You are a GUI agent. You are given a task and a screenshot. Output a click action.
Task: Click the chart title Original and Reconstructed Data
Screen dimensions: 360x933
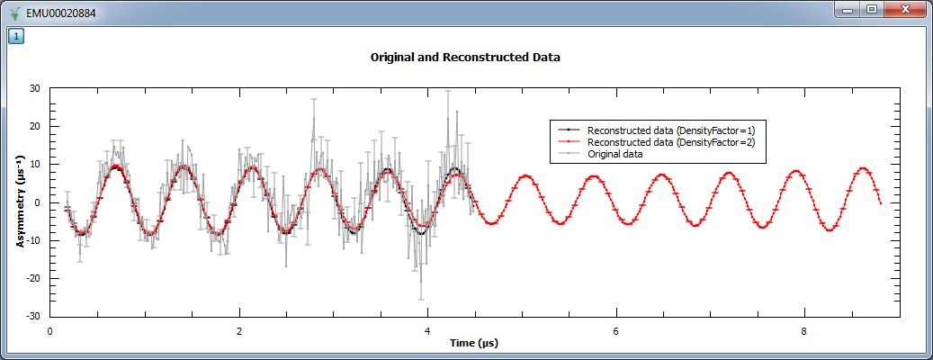tap(465, 57)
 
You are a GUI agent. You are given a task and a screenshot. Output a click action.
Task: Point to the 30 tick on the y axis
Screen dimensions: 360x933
tap(34, 88)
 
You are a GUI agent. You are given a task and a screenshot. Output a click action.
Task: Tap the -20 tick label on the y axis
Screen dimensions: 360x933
tap(32, 278)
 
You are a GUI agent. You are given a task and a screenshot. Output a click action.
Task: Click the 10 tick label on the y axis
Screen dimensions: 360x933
tap(34, 165)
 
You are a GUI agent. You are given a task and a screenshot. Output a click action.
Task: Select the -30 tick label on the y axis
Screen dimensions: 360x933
tap(32, 316)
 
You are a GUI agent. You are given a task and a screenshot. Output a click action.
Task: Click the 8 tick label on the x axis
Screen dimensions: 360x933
tap(803, 330)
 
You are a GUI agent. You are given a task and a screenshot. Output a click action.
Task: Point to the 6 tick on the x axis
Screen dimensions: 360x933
tap(615, 330)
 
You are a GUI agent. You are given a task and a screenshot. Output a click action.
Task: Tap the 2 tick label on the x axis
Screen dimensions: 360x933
tap(238, 330)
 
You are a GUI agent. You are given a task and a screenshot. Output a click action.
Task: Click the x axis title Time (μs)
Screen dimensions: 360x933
tap(474, 343)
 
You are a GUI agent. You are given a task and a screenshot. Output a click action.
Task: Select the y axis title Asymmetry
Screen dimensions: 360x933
tap(19, 202)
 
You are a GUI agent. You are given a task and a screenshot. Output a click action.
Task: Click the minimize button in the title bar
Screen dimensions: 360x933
tap(847, 9)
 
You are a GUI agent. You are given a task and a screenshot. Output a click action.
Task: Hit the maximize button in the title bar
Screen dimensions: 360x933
tap(870, 9)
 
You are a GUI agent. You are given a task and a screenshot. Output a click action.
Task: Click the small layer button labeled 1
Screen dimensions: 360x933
tap(17, 36)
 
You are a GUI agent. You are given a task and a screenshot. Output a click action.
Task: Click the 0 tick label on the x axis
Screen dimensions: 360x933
tap(50, 330)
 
